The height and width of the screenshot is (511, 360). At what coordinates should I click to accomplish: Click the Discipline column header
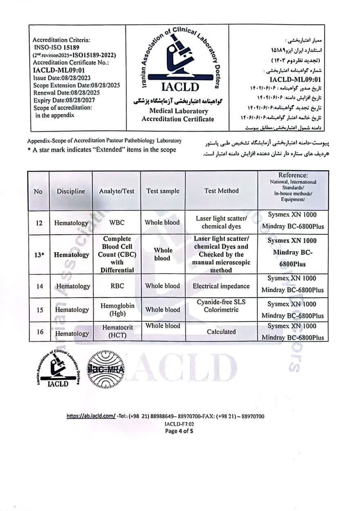click(71, 191)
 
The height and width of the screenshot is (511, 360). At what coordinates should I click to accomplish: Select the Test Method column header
click(221, 191)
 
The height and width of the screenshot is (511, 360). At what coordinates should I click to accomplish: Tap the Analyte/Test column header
click(116, 191)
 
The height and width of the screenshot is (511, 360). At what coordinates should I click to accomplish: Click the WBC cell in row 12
click(116, 223)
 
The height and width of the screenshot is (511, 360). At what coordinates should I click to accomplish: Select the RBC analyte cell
click(116, 286)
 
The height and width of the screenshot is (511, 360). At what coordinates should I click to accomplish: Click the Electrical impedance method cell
click(221, 286)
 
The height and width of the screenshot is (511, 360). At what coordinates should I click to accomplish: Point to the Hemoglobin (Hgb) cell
click(116, 309)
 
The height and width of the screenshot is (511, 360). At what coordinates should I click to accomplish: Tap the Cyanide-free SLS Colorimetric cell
click(221, 306)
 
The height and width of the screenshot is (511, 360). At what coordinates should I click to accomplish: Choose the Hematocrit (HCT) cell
click(116, 332)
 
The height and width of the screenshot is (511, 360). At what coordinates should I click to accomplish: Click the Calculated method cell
click(221, 332)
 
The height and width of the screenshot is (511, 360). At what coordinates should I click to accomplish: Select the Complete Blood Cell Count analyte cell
click(116, 254)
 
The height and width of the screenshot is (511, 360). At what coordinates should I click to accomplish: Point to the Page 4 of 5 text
click(179, 430)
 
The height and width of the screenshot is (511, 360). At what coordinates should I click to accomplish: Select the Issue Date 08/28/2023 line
click(61, 78)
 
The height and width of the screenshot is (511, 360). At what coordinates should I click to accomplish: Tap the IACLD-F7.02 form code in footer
click(179, 424)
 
